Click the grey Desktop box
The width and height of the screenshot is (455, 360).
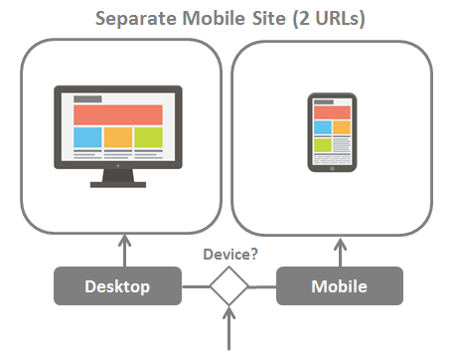click(117, 286)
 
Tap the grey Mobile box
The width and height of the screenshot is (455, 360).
click(340, 286)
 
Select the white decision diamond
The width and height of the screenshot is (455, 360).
click(228, 287)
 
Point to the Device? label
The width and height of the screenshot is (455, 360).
click(230, 255)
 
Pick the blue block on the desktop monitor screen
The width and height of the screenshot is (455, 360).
click(86, 136)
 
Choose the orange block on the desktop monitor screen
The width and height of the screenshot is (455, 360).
click(117, 136)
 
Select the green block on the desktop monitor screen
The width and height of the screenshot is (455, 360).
click(148, 136)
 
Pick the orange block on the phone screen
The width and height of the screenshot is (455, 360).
click(341, 126)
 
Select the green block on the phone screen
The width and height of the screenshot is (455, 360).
click(322, 145)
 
